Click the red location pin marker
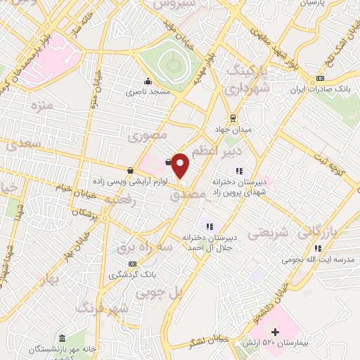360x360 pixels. [181, 165]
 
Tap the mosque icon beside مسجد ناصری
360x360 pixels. [148, 81]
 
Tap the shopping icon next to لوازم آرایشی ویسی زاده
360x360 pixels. [131, 171]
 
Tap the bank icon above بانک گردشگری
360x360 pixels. [133, 263]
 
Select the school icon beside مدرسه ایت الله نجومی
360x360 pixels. [319, 248]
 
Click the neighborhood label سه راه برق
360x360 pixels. [144, 248]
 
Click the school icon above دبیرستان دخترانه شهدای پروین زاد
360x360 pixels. [239, 170]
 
